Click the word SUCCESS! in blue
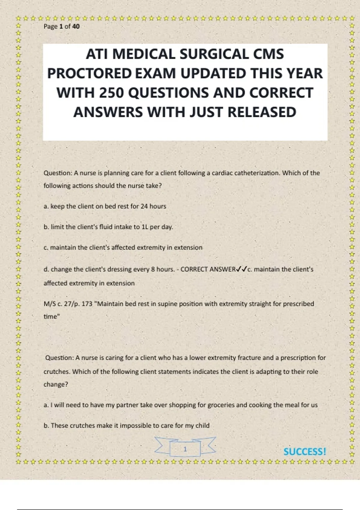coord(304,451)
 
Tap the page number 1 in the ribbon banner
coord(185,449)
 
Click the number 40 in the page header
coord(76,26)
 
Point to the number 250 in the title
coord(111,93)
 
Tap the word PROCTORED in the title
coord(89,73)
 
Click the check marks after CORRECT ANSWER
coord(241,269)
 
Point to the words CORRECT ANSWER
coord(208,269)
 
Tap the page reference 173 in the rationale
coord(87,304)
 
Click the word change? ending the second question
coord(56,385)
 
